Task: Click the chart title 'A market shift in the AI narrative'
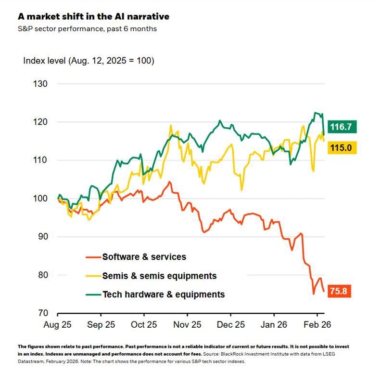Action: (93, 16)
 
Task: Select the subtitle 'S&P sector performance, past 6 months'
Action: (87, 29)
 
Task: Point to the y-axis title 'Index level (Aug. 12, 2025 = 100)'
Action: (89, 61)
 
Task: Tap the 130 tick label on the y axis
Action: (41, 84)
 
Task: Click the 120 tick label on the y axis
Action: (41, 122)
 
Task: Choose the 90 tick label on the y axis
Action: (43, 237)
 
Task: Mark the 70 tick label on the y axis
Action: (43, 313)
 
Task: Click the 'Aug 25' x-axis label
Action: (58, 325)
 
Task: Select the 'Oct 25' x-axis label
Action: (144, 325)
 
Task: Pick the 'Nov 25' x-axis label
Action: (187, 325)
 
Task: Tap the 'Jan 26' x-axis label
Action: (274, 325)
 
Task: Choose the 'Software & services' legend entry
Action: (144, 257)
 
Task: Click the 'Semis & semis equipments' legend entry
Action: (159, 276)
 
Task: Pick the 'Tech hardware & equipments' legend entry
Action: (163, 294)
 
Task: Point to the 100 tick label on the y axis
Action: (41, 199)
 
